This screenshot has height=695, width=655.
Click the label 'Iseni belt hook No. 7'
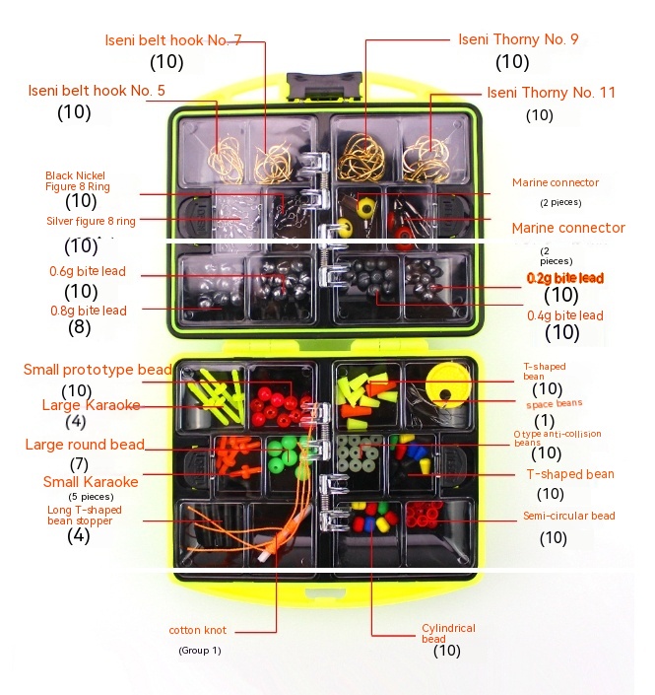click(x=172, y=40)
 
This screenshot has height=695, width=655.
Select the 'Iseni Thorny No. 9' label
click(x=518, y=40)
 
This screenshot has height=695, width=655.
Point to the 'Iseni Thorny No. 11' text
click(x=551, y=93)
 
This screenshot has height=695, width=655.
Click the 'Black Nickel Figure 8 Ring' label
click(x=84, y=180)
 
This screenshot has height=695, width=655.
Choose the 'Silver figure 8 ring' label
click(x=91, y=221)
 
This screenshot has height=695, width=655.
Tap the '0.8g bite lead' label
click(x=88, y=311)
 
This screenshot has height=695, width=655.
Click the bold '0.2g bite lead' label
click(x=564, y=278)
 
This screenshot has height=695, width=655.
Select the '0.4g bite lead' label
click(x=564, y=315)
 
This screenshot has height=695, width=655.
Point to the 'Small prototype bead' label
click(x=98, y=370)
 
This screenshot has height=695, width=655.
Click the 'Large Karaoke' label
click(x=91, y=405)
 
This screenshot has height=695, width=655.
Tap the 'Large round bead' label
click(x=85, y=445)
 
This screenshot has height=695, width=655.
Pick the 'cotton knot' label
click(x=197, y=630)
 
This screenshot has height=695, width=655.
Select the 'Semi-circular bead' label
click(x=569, y=517)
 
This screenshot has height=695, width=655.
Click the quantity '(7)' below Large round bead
click(x=79, y=463)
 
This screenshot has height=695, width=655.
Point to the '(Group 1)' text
click(x=199, y=651)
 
